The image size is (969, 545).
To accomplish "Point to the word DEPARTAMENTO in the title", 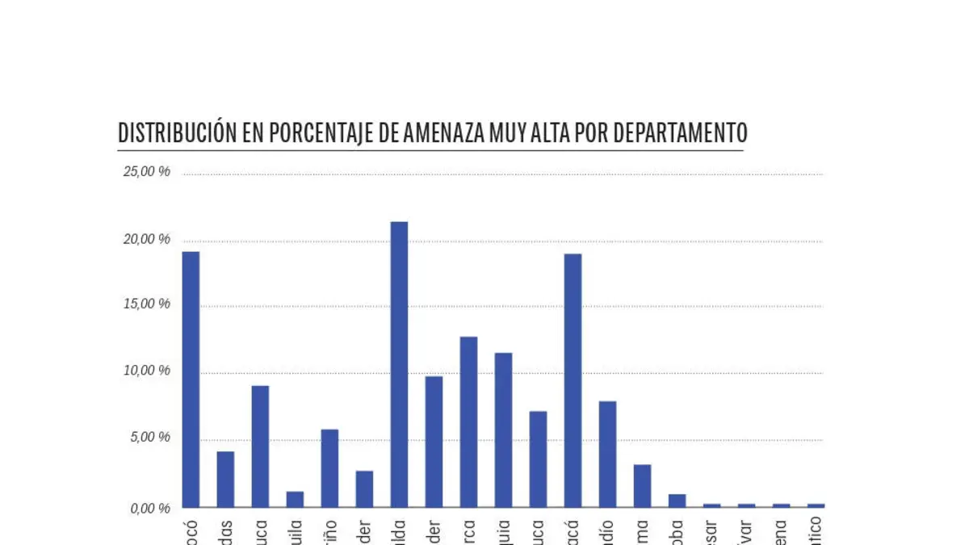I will tap(680, 132).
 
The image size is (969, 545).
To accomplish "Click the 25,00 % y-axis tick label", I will tap(146, 171).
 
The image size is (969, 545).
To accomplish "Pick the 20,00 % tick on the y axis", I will tap(146, 239).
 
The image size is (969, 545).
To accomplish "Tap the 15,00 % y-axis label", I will tap(146, 304).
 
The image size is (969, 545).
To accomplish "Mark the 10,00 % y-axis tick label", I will tap(146, 371).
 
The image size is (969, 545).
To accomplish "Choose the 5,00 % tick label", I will tap(149, 438).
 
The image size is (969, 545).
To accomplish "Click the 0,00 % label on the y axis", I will tap(149, 508).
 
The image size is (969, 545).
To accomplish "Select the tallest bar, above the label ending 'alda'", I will tap(399, 363).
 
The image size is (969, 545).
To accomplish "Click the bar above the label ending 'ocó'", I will tap(191, 379).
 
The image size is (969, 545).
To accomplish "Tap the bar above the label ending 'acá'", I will tap(573, 380).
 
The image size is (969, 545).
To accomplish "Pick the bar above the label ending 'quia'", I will tap(503, 430).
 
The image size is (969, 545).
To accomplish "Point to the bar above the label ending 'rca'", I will tap(468, 421).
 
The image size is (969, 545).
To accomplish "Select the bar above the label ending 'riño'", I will tap(329, 468).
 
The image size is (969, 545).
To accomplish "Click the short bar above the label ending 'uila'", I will tap(295, 499).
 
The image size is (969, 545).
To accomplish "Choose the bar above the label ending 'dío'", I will tap(607, 454).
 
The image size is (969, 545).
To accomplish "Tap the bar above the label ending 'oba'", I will tap(677, 501).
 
